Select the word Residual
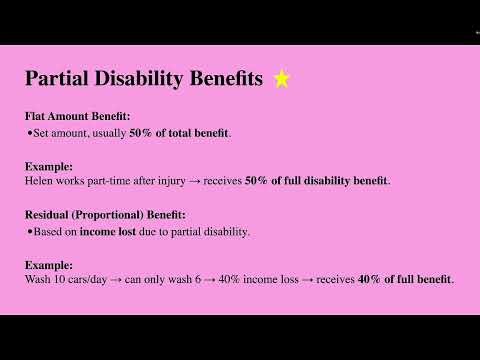(x=49, y=213)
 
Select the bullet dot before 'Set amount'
(x=30, y=133)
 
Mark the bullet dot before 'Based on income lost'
(x=30, y=232)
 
